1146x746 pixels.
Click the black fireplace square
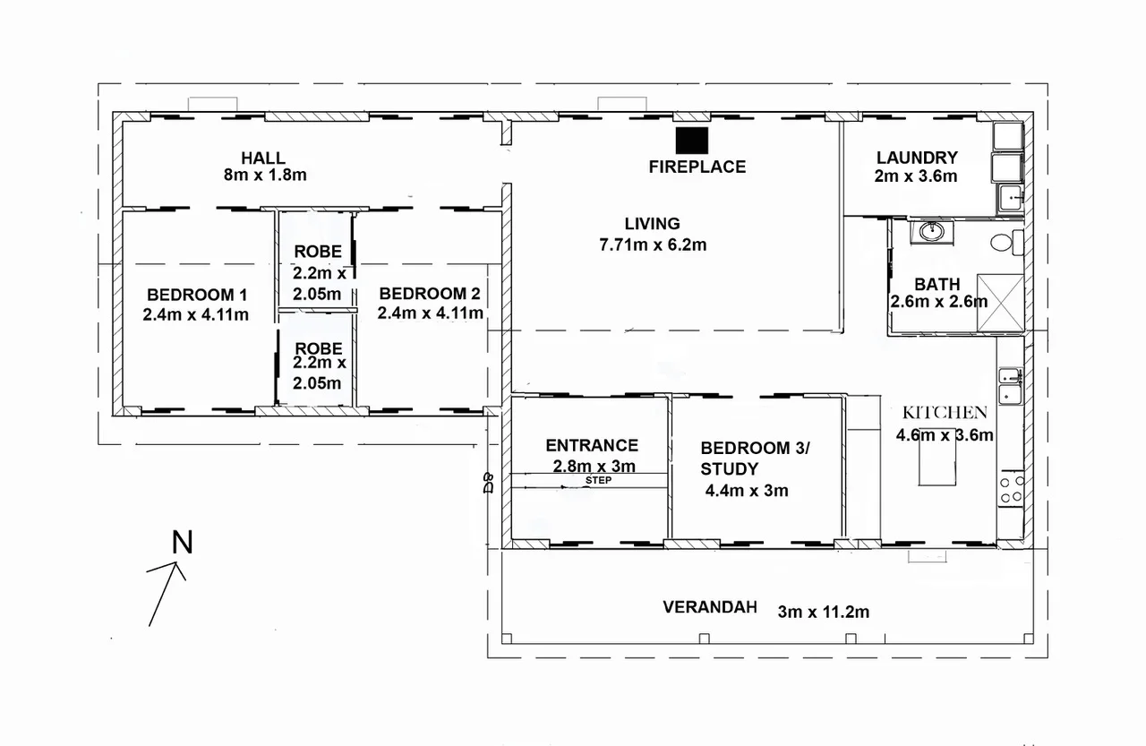tap(692, 141)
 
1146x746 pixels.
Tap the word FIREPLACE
tap(697, 167)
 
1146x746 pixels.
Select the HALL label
tap(263, 158)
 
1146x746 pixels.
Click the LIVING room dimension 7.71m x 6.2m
tap(653, 244)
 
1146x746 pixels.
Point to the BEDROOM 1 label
tap(197, 295)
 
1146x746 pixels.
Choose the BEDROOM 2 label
tap(430, 294)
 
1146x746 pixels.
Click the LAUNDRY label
tap(917, 158)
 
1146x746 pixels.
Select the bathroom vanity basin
tap(932, 231)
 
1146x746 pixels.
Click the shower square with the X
tap(1000, 303)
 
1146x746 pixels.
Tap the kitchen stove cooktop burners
tap(1012, 489)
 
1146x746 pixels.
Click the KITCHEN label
tap(945, 412)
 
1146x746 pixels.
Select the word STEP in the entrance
tap(599, 480)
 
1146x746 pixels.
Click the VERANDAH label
tap(710, 607)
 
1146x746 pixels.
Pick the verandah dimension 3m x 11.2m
tap(823, 612)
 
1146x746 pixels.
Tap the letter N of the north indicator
tap(182, 543)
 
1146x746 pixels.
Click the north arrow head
tap(175, 564)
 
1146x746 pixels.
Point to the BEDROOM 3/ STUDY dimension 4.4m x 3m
tap(747, 491)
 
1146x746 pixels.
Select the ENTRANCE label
tap(592, 446)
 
